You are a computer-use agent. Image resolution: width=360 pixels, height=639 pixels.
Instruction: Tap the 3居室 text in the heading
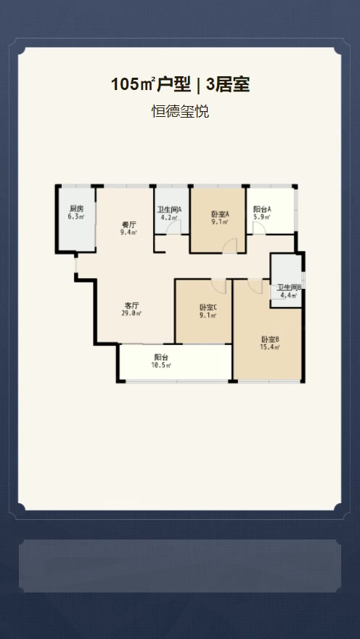coord(228,85)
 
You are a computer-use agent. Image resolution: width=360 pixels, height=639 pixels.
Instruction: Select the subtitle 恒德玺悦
coord(180,112)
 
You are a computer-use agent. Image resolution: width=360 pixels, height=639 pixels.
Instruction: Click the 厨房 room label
coord(76,209)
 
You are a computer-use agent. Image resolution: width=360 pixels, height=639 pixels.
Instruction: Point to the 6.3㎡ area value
coord(76,216)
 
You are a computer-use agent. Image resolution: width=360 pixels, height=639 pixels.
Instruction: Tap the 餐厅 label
coord(128,224)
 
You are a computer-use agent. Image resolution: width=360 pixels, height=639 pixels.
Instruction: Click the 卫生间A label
coord(170,209)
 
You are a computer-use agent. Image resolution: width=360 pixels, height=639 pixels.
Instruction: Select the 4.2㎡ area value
coord(170,216)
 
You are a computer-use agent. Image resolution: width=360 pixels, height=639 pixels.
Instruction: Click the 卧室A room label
coord(220,214)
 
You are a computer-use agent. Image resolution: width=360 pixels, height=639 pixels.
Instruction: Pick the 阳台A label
coord(262,209)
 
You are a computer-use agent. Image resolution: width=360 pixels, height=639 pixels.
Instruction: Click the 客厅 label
coord(131,306)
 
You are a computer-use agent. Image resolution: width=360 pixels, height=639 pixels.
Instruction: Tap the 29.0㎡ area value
coord(131,314)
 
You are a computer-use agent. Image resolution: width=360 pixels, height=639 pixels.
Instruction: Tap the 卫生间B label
coord(290,288)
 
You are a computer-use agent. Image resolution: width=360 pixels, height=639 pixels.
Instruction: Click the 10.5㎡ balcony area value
coord(161,365)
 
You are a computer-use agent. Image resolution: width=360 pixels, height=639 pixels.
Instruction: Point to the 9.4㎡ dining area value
coord(128,232)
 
